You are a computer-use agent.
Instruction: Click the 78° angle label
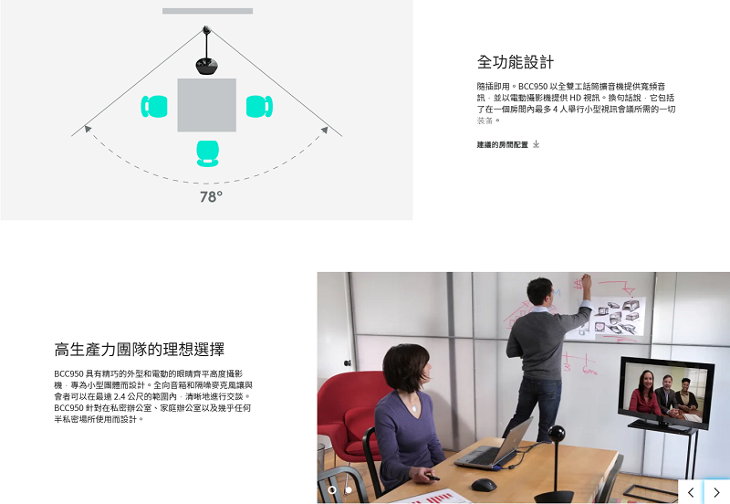tap(211, 197)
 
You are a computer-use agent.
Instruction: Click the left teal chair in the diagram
tap(153, 106)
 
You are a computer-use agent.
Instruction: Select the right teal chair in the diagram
tap(259, 106)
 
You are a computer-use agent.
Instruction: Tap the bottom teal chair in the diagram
tap(208, 152)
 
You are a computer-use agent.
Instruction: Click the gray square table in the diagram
tap(206, 105)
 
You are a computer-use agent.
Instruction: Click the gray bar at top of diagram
tap(207, 11)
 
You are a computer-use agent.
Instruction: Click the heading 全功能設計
tap(515, 62)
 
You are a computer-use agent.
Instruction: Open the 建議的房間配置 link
tap(502, 144)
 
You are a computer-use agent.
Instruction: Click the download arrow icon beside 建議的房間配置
tap(537, 144)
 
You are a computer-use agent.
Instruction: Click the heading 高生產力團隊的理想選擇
tap(140, 349)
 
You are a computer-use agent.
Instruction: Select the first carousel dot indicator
tap(332, 490)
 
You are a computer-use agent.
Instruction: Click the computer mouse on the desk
tap(484, 484)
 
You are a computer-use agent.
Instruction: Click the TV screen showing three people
tap(665, 393)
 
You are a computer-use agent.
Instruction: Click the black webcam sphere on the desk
tap(556, 436)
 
